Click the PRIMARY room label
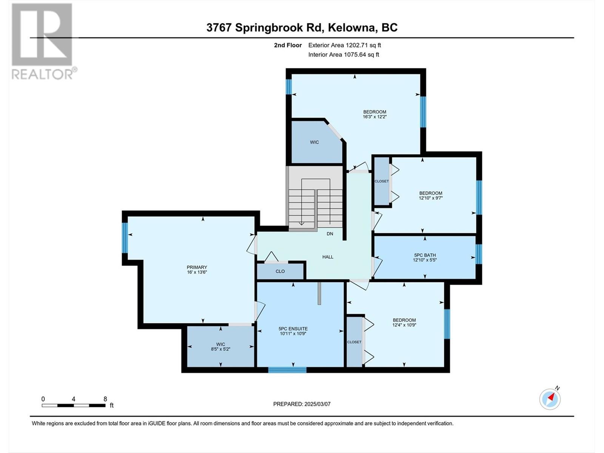pos(197,267)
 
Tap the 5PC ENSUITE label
pos(293,328)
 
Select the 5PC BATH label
pos(425,255)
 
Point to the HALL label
pos(328,257)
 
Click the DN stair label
pos(330,234)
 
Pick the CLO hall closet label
pos(280,271)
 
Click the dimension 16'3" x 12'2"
pos(375,117)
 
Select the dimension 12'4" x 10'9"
pos(404,325)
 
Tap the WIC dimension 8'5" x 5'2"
pos(220,349)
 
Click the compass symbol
pos(550,399)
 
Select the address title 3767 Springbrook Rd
pos(302,28)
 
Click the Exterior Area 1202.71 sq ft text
pos(344,45)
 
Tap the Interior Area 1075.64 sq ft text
pos(344,55)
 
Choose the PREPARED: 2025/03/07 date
pos(302,404)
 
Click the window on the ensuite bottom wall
pos(287,370)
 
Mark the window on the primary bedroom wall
pos(125,238)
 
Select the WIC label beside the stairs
pos(314,142)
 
